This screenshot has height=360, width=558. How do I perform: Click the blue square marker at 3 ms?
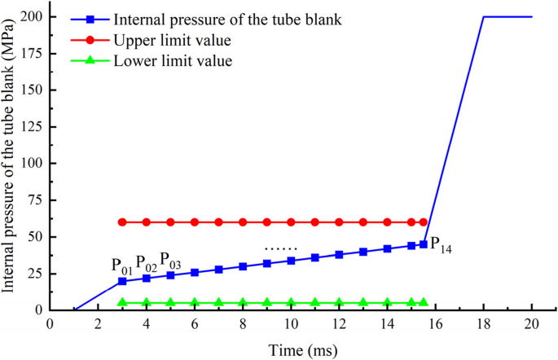122,281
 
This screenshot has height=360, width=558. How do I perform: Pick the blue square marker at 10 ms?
291,261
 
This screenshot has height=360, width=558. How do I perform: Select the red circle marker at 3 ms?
122,222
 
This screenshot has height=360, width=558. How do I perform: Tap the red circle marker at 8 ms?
243,222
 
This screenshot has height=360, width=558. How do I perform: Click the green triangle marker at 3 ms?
122,302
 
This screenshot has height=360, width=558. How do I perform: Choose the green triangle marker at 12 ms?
339,302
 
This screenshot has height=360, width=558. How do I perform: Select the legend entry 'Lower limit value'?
163,61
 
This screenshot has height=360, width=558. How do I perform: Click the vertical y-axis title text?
11,163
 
